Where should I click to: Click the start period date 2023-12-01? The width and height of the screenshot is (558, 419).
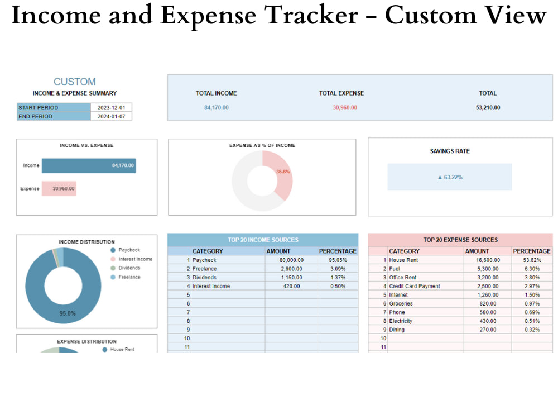click(x=111, y=108)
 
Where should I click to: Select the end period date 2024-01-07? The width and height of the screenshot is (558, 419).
click(x=111, y=117)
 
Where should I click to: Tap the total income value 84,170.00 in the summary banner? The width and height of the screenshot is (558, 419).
click(x=217, y=108)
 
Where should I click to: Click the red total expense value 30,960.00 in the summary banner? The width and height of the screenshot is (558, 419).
click(x=345, y=108)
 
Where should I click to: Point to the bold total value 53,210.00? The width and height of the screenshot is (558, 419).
click(x=488, y=108)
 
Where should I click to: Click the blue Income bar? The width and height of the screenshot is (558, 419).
click(x=89, y=166)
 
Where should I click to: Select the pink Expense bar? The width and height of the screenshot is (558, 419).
click(x=59, y=188)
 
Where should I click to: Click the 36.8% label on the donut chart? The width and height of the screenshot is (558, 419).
click(x=283, y=172)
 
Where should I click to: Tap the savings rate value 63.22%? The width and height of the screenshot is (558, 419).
click(x=450, y=177)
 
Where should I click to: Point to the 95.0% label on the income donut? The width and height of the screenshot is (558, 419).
click(x=68, y=313)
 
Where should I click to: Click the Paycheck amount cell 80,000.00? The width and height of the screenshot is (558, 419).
click(x=291, y=260)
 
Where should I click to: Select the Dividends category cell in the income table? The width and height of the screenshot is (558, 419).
click(x=228, y=278)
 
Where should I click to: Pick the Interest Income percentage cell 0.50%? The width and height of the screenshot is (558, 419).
click(x=338, y=286)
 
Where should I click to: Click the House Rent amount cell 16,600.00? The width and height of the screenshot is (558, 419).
click(x=488, y=260)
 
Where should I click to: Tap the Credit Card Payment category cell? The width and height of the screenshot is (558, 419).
click(x=426, y=286)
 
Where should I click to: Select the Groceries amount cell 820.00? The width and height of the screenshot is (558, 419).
click(x=488, y=303)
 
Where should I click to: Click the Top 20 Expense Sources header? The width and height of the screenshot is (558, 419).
click(x=460, y=240)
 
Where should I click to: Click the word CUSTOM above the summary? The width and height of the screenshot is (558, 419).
click(x=75, y=82)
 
